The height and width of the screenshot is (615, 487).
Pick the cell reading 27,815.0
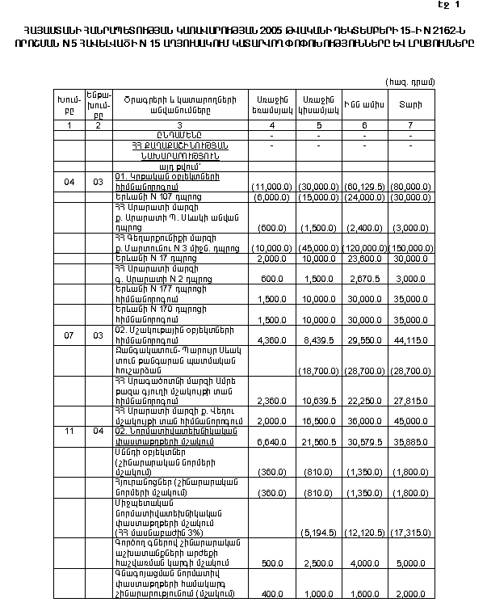coord(413,400)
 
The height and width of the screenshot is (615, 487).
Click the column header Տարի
coord(411,105)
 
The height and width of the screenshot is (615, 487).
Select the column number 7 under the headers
coord(411,126)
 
